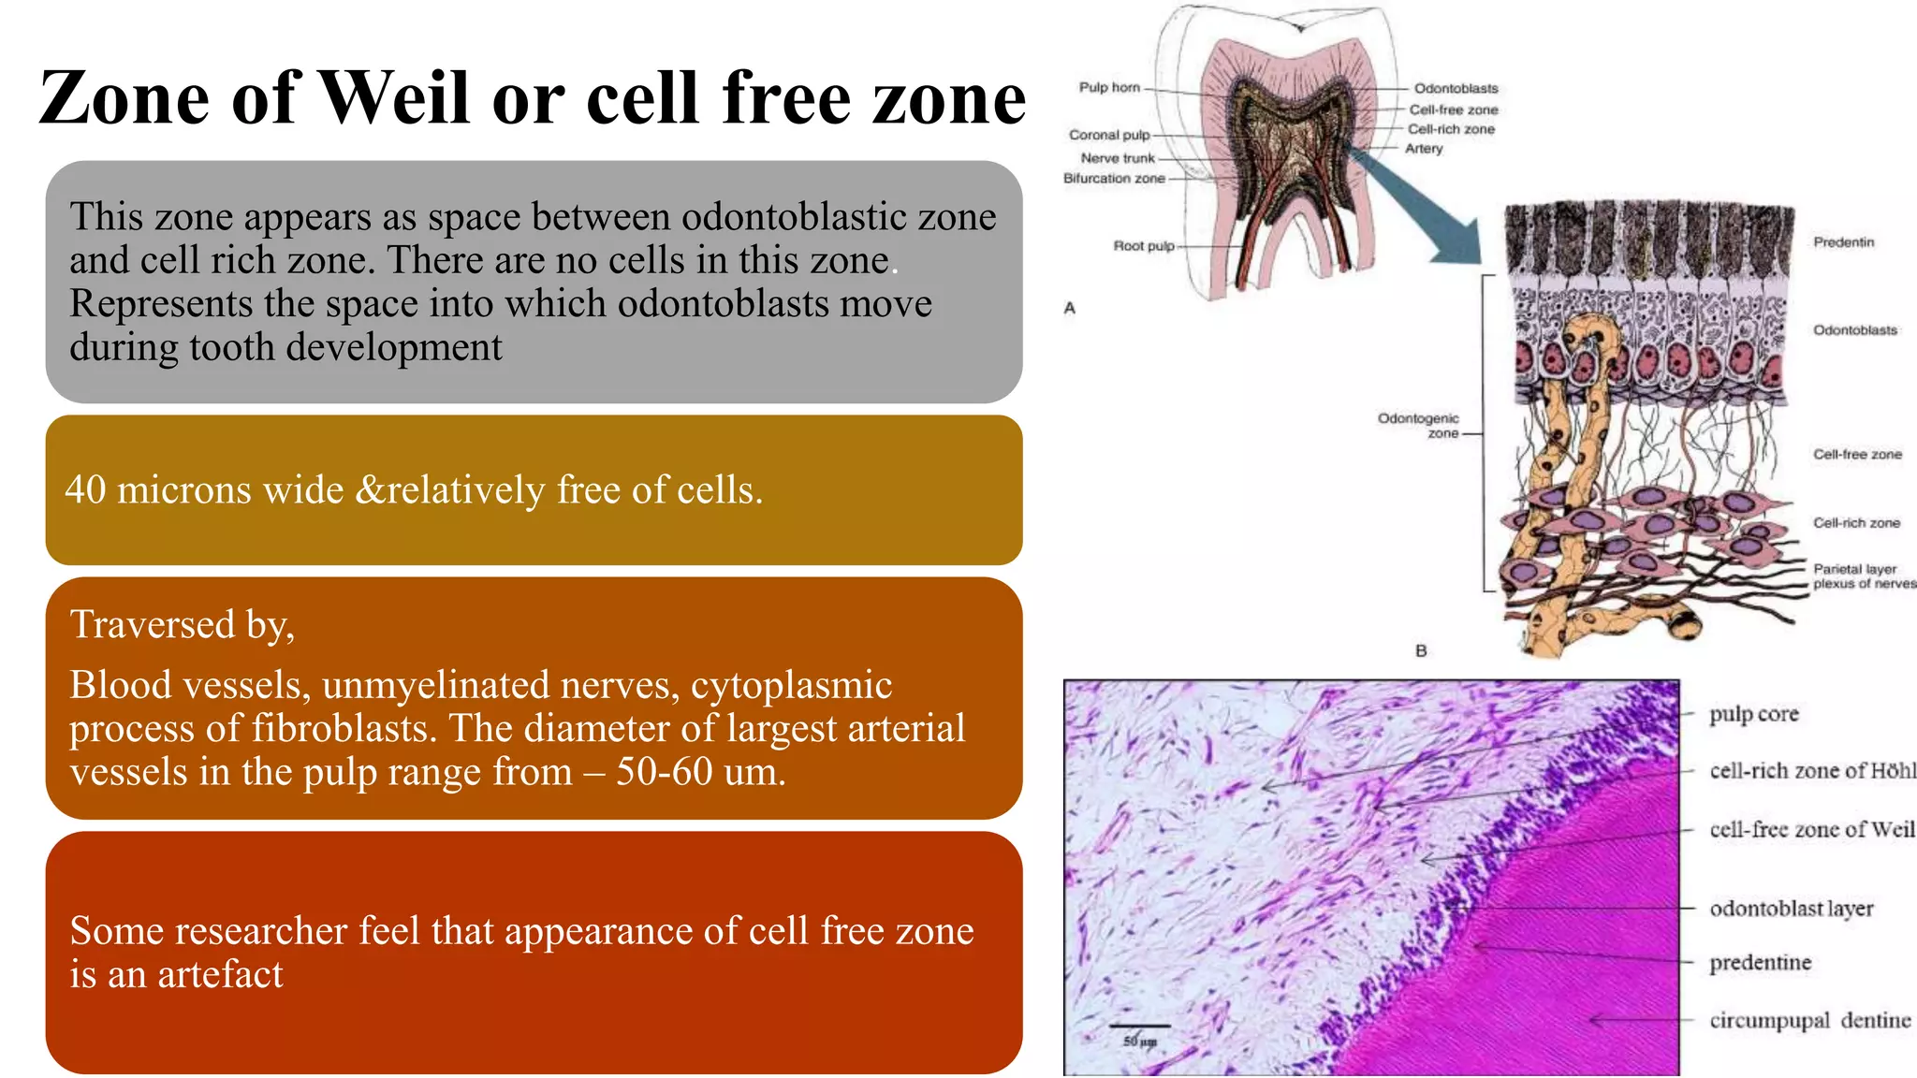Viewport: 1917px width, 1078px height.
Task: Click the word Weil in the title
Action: (x=393, y=97)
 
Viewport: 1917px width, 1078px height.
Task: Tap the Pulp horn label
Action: (x=1109, y=87)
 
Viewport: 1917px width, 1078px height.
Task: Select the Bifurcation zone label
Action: (x=1114, y=178)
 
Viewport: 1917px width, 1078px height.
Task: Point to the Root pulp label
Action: (x=1143, y=245)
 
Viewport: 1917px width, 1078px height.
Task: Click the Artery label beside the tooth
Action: (x=1424, y=148)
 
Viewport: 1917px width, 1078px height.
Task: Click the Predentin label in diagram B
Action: (x=1843, y=241)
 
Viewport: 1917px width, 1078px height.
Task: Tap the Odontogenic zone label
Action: (x=1418, y=425)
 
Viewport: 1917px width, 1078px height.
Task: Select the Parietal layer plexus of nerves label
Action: (x=1863, y=575)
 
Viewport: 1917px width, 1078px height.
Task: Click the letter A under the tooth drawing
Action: (x=1070, y=307)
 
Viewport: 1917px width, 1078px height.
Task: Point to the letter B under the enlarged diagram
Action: (x=1421, y=649)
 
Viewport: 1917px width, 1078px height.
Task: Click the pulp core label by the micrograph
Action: (x=1753, y=714)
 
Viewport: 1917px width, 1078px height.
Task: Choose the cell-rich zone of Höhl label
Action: (x=1811, y=771)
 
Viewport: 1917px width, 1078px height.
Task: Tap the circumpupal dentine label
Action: (x=1809, y=1020)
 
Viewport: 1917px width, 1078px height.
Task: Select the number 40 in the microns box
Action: (x=85, y=489)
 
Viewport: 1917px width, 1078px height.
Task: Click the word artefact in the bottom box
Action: (x=220, y=974)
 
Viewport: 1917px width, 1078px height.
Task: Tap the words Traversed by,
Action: (x=183, y=624)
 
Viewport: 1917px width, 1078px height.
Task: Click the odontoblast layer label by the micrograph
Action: (x=1791, y=909)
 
